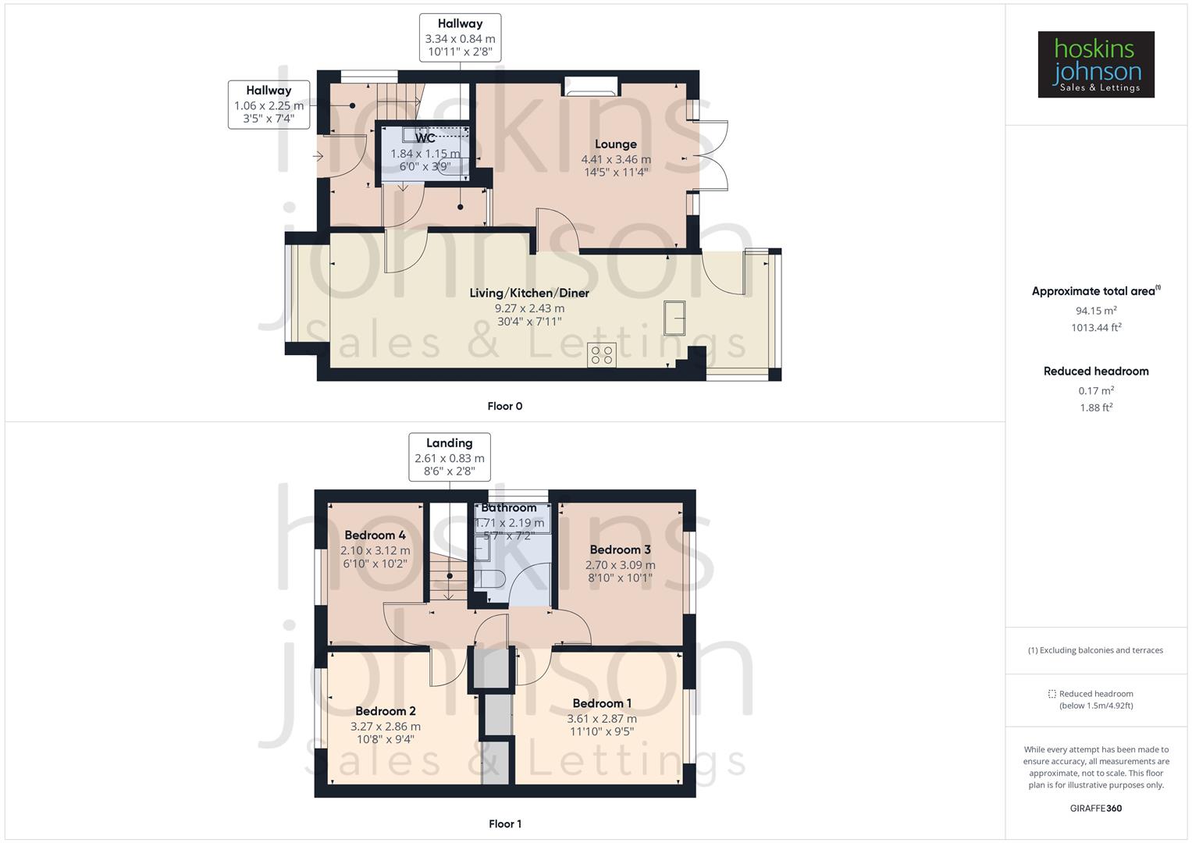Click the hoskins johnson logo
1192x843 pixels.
coord(1095,65)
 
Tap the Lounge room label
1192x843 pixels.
coord(615,144)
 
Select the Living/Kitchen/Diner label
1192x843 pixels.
coord(528,293)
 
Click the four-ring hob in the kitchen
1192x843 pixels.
coord(602,355)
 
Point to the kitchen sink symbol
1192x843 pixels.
coord(674,318)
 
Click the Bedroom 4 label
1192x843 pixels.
coord(375,535)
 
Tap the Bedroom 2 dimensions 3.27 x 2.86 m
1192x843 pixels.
coord(385,726)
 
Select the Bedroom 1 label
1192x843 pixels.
coord(601,703)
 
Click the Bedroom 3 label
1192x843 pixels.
coord(620,550)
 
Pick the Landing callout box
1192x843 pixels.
coord(450,457)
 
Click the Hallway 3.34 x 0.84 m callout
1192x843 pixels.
coord(460,38)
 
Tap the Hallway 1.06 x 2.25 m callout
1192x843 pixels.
coord(269,105)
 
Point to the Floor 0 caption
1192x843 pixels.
coord(504,406)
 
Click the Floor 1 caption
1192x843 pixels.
coord(504,823)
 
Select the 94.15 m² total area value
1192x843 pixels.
coord(1095,311)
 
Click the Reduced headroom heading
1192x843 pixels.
coord(1095,372)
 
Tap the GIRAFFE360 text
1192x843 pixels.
coord(1095,809)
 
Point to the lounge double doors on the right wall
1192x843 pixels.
coord(710,156)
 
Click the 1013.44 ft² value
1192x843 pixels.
coord(1095,328)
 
